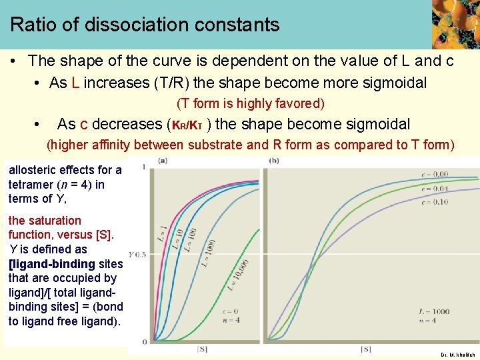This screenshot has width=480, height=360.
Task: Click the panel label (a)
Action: pyautogui.click(x=163, y=161)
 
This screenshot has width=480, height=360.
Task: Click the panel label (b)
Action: pyautogui.click(x=274, y=161)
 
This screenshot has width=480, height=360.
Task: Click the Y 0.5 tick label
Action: pyautogui.click(x=137, y=255)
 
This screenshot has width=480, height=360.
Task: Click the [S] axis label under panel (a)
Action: pyautogui.click(x=202, y=349)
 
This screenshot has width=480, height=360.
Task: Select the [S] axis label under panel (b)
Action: pyautogui.click(x=365, y=349)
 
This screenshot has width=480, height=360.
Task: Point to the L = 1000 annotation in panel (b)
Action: pyautogui.click(x=435, y=311)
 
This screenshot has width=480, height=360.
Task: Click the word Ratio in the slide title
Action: pyautogui.click(x=31, y=25)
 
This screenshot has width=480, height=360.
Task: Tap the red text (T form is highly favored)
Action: pyautogui.click(x=250, y=103)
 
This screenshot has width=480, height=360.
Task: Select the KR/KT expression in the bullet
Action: pyautogui.click(x=191, y=125)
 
